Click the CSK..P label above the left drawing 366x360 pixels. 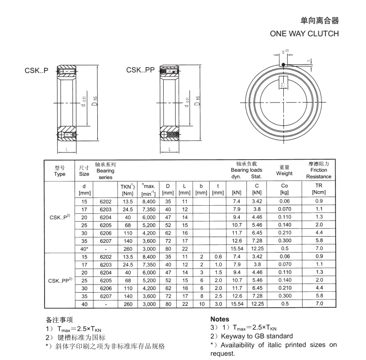36,71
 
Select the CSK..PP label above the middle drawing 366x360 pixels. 140,70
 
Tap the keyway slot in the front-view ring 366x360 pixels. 284,85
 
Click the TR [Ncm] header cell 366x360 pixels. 319,189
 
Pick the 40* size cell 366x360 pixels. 85,248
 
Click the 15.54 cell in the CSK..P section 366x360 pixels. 237,248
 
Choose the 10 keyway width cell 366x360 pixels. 201,303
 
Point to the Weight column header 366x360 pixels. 284,170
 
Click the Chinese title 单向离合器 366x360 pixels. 320,21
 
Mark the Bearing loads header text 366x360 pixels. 246,170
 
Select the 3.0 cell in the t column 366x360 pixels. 218,303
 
